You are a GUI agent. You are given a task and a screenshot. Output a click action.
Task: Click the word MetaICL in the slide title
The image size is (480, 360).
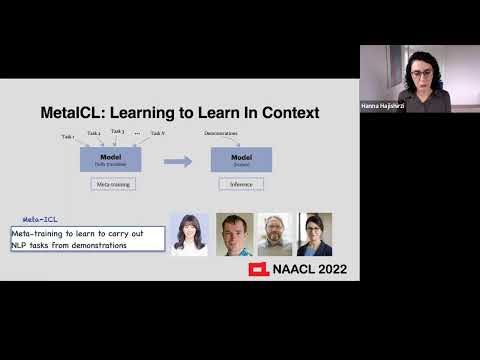click(76, 113)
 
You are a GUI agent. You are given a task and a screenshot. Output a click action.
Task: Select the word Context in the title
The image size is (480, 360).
click(285, 113)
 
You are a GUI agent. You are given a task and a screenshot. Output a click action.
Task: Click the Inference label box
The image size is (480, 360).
click(241, 184)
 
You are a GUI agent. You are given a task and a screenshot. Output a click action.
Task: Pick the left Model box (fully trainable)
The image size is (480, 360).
click(110, 159)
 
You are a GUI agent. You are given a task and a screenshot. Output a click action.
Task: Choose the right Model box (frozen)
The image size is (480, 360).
click(241, 159)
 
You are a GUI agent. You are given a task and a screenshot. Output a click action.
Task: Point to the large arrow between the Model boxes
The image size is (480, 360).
click(177, 160)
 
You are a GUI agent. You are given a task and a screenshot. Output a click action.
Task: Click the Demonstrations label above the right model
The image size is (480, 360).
click(221, 133)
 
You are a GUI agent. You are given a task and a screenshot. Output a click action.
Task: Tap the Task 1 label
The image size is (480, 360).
click(68, 137)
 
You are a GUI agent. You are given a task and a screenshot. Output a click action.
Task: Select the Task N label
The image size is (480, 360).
click(157, 133)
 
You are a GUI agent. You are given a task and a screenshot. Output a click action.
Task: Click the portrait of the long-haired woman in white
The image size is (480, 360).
click(189, 234)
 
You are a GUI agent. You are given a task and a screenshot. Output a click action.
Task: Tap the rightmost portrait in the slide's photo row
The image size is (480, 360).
click(313, 234)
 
